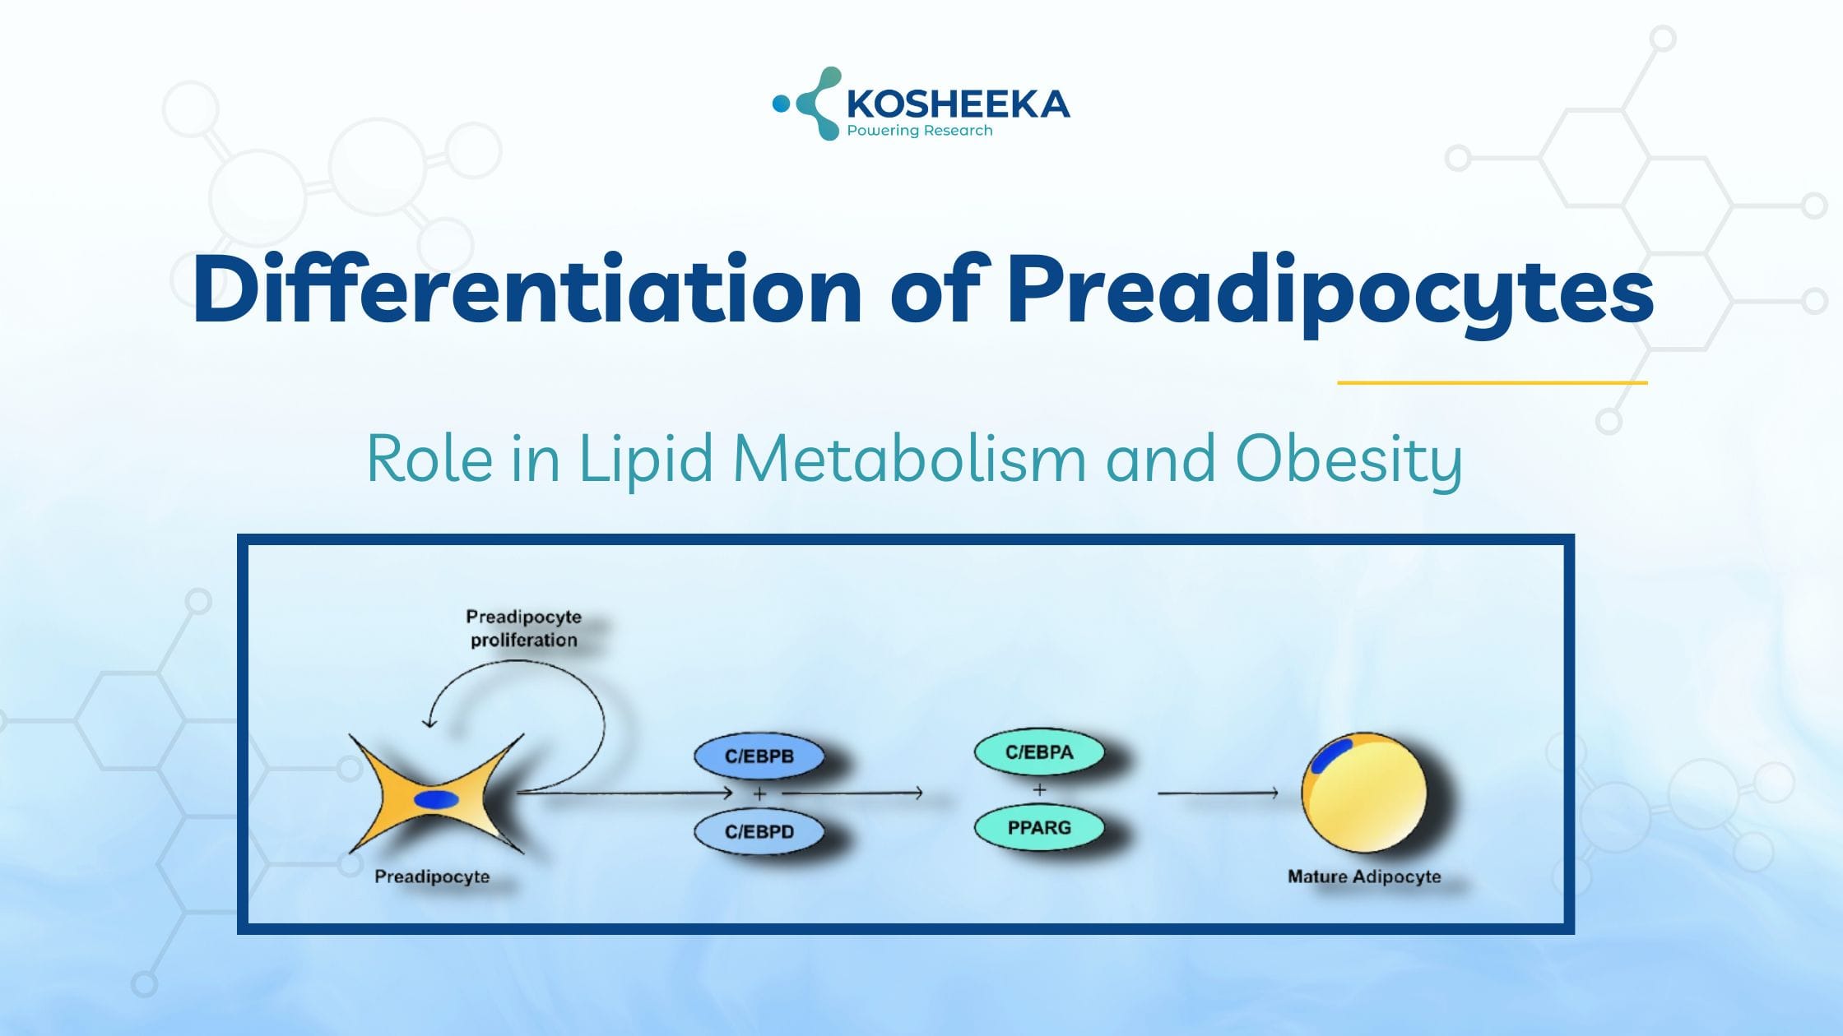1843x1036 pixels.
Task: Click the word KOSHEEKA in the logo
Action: [x=959, y=104]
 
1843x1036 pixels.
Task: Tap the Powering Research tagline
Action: [x=920, y=131]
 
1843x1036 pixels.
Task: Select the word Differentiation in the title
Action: [x=527, y=289]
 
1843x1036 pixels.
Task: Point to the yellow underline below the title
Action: [x=1492, y=382]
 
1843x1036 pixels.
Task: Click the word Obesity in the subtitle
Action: [x=1349, y=460]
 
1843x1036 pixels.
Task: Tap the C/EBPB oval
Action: [x=759, y=756]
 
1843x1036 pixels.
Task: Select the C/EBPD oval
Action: [x=759, y=831]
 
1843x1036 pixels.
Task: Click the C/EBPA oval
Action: [x=1039, y=752]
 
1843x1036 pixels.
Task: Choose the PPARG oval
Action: [x=1039, y=827]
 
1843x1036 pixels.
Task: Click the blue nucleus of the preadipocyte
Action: [x=436, y=799]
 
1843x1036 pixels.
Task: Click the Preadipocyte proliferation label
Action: [x=524, y=628]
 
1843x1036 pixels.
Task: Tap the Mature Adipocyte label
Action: [x=1364, y=876]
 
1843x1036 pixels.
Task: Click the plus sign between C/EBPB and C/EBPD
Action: [x=759, y=794]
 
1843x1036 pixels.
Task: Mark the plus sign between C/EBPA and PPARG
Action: [x=1039, y=790]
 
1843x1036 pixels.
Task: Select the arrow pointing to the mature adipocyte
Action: [x=1218, y=793]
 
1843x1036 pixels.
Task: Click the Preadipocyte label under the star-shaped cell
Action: [x=432, y=877]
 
